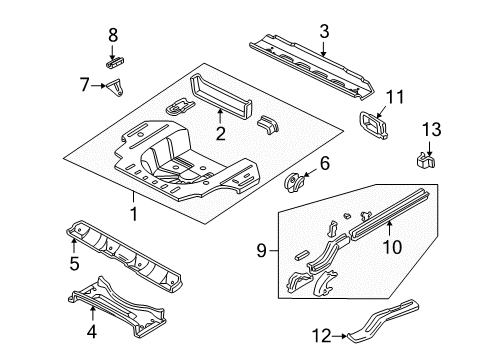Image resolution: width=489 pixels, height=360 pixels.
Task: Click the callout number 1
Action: (x=132, y=213)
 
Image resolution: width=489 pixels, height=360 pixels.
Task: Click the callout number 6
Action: (x=324, y=163)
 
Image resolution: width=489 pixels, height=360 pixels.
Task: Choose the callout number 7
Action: (x=84, y=86)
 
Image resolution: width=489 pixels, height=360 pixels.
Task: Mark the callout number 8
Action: (x=113, y=35)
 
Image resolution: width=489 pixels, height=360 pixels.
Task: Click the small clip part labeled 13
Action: (x=423, y=158)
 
